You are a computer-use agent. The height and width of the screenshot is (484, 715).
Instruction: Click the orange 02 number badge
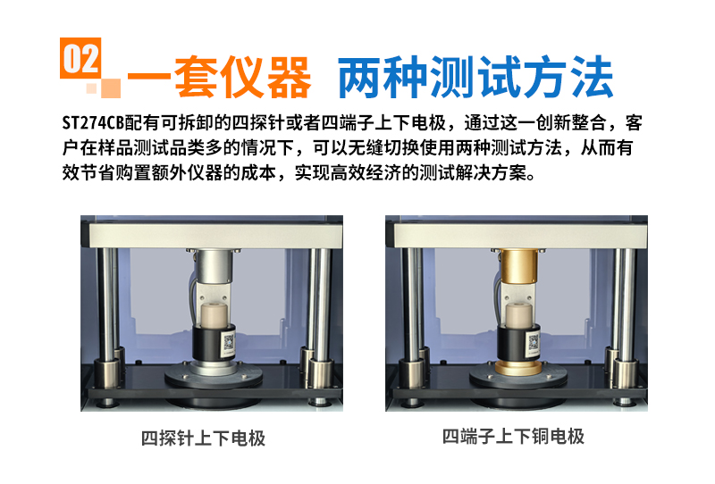tap(80, 58)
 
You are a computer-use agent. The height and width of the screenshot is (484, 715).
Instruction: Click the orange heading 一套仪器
tap(219, 78)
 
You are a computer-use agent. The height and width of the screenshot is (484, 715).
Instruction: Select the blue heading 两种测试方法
tap(475, 77)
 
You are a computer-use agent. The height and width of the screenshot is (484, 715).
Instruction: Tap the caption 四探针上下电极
tap(203, 438)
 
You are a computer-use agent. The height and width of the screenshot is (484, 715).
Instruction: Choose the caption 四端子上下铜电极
tap(513, 437)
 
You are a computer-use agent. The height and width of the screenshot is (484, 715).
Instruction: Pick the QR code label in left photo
tap(228, 343)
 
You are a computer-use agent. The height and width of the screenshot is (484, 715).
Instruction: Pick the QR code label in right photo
tap(533, 343)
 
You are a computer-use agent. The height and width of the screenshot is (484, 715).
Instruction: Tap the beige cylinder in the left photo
tap(214, 316)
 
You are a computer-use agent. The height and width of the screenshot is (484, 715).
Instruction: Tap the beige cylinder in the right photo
tap(518, 316)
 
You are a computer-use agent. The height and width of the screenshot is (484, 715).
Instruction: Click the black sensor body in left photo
tap(214, 343)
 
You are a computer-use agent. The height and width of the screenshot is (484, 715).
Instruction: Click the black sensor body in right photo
tap(518, 343)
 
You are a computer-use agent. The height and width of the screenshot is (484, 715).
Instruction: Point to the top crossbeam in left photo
tap(215, 236)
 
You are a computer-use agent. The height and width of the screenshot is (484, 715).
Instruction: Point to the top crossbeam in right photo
tap(520, 236)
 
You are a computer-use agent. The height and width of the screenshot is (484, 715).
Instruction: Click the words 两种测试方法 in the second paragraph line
tap(509, 147)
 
